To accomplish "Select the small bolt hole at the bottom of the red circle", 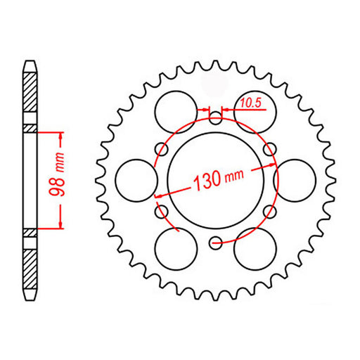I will point(214,244).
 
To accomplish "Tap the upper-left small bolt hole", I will point(162,148).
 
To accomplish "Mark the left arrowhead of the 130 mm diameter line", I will point(158,196).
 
